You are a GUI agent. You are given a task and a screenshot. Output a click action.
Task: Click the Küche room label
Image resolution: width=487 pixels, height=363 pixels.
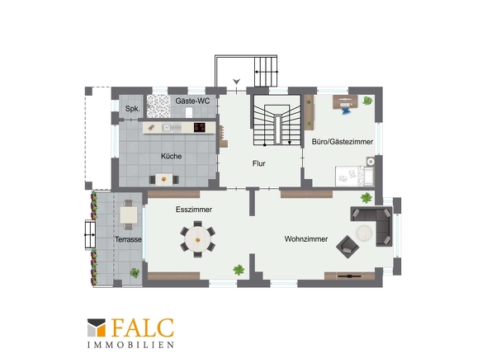click(x=171, y=156)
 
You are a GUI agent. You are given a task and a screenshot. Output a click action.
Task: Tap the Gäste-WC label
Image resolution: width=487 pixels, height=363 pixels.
click(x=192, y=101)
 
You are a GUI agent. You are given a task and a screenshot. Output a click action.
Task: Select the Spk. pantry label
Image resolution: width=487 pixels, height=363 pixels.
click(x=133, y=109)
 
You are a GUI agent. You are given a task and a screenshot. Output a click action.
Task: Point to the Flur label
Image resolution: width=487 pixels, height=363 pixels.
click(x=258, y=163)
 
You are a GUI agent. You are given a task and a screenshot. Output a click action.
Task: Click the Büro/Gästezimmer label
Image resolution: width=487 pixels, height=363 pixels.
click(x=343, y=142)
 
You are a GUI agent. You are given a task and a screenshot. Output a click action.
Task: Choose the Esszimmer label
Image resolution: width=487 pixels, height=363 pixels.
click(x=194, y=210)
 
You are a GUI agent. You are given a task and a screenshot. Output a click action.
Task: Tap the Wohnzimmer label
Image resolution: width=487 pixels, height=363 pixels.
click(x=306, y=239)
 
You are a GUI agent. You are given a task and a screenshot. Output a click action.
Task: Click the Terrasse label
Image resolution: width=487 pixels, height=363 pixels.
click(x=128, y=239)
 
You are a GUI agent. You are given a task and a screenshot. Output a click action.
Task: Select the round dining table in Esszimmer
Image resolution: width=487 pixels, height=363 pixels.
click(x=198, y=239)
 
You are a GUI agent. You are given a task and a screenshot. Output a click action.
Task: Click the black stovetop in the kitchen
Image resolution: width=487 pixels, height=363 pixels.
click(x=200, y=127)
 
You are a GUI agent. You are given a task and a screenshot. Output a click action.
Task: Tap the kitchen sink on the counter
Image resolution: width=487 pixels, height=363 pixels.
click(x=167, y=128)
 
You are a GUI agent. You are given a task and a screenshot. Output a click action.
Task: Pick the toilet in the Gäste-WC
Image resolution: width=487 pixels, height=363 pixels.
click(x=189, y=112)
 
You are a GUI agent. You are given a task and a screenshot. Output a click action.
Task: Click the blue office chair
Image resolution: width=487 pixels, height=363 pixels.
click(x=345, y=109)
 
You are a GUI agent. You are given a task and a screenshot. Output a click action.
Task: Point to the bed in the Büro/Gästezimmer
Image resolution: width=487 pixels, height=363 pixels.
click(x=354, y=176)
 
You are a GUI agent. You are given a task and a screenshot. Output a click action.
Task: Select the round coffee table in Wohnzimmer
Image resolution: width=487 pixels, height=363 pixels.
click(x=364, y=233)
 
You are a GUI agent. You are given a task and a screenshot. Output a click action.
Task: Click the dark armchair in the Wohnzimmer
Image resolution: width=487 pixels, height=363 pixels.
click(x=348, y=247)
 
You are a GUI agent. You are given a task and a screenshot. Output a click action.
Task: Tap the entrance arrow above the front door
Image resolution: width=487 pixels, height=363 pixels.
click(x=237, y=82)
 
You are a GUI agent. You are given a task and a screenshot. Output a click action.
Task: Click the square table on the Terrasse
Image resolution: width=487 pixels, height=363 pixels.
click(x=129, y=214)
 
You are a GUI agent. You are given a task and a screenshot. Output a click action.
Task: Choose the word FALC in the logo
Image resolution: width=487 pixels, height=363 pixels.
click(x=142, y=328)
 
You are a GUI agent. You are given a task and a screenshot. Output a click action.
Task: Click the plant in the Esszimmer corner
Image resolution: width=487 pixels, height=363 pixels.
click(x=239, y=270)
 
